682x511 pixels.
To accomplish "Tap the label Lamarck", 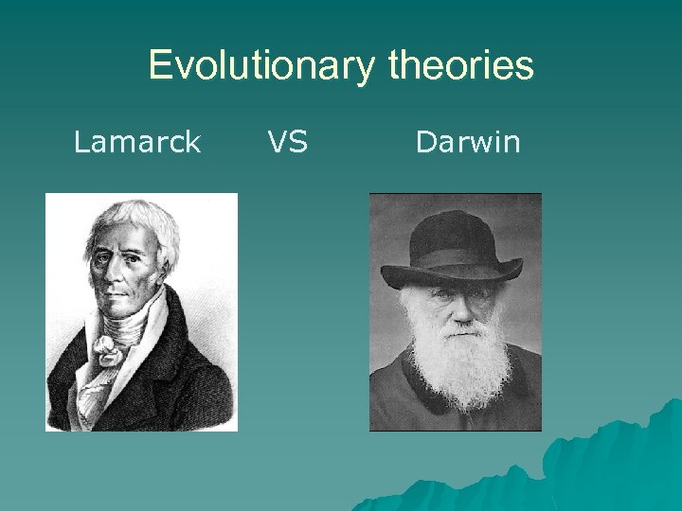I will pos(137,143).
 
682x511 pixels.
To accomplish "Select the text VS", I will pos(287,143).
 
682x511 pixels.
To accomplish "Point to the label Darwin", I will pos(468,143).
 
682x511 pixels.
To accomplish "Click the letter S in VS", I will pos(299,143).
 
